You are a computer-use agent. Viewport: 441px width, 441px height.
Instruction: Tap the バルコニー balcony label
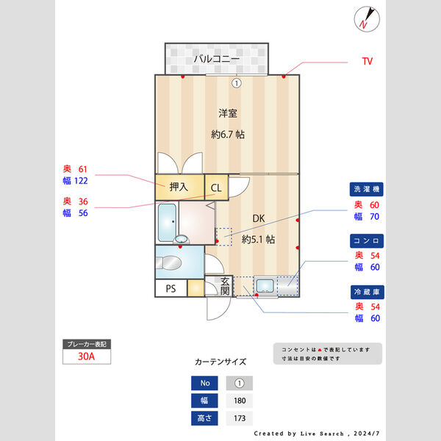point(217,59)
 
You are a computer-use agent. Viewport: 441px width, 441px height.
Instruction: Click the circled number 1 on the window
point(236,83)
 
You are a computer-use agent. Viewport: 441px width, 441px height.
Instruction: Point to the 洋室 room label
point(228,113)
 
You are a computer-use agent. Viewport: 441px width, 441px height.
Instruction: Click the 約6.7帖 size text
point(228,135)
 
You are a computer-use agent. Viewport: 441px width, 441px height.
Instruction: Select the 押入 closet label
point(179,187)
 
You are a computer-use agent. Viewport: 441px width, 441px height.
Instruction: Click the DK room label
point(259,219)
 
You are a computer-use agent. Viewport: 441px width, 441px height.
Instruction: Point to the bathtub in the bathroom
point(167,221)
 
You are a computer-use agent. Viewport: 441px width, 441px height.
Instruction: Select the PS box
point(171,288)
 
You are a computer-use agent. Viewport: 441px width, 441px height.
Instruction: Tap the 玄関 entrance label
point(225,286)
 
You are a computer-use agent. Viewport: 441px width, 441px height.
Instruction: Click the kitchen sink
point(265,286)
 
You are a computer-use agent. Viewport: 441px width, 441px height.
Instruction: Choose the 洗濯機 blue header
point(367,190)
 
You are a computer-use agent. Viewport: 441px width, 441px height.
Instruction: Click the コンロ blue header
point(367,240)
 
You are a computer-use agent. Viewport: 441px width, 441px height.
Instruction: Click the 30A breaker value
point(87,357)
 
